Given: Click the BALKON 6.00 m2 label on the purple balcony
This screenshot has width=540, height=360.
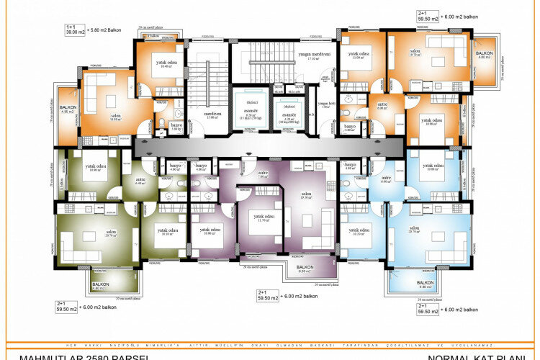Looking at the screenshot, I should (x=304, y=269).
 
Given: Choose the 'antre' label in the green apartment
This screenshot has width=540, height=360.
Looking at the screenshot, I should (x=140, y=181).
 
